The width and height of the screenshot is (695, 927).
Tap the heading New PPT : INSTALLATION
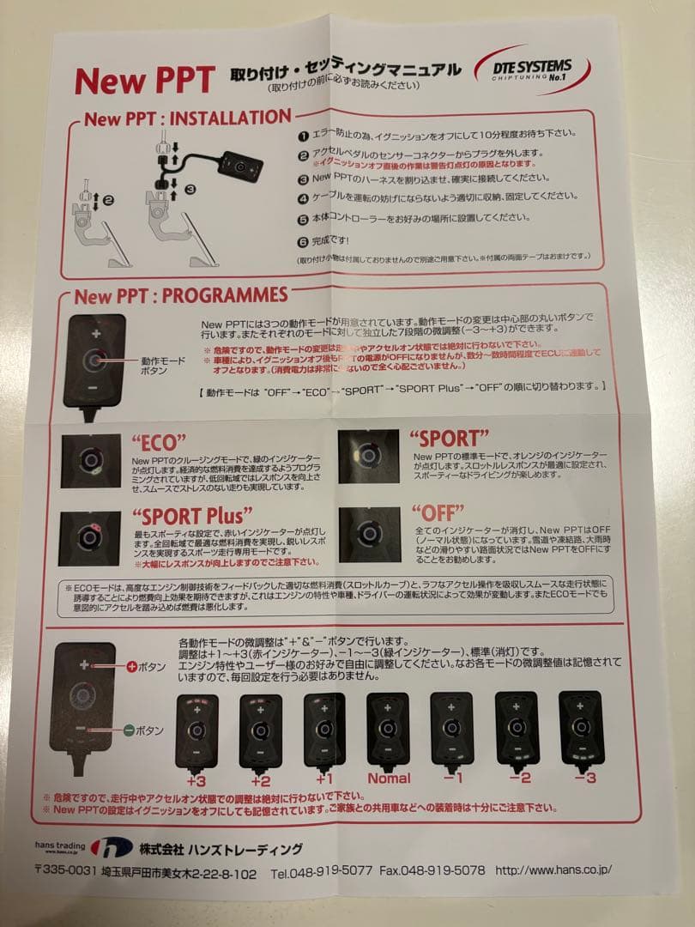pyautogui.click(x=187, y=118)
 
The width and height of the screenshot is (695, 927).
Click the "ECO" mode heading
pyautogui.click(x=159, y=442)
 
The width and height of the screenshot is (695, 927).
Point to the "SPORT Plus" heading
pyautogui.click(x=193, y=516)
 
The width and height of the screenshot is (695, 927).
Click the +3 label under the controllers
pyautogui.click(x=195, y=780)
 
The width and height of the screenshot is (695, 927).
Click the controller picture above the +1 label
pyautogui.click(x=324, y=730)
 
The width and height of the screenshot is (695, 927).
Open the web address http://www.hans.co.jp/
pyautogui.click(x=553, y=869)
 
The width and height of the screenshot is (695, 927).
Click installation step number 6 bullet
pyautogui.click(x=303, y=242)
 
